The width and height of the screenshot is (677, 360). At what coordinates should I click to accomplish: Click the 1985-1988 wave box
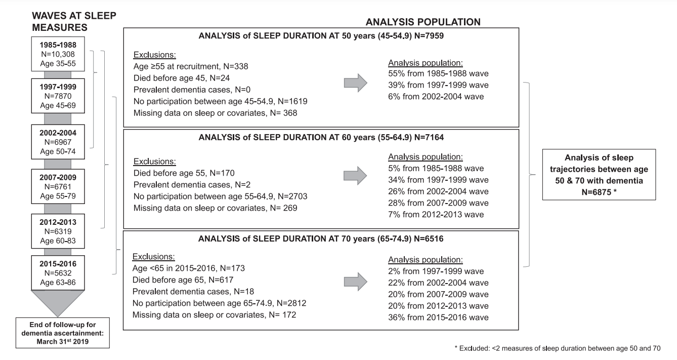tap(58, 54)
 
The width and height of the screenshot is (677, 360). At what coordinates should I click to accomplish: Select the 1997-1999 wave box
tap(58, 96)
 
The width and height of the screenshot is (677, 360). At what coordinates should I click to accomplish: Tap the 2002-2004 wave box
tap(58, 142)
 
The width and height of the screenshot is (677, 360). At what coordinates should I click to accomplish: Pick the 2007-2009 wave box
tap(58, 186)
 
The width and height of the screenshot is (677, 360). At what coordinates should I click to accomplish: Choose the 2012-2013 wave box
tap(58, 231)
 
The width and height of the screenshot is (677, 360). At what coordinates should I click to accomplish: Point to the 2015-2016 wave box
tap(58, 272)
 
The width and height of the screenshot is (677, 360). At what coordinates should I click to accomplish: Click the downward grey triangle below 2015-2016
tap(58, 301)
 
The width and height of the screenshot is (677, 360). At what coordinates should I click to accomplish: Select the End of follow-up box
tap(63, 333)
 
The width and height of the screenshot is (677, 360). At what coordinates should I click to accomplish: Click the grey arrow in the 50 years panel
tap(356, 83)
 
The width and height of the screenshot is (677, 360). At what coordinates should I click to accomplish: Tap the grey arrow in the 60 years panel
tap(355, 176)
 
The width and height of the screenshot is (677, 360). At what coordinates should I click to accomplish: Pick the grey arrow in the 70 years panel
tap(356, 282)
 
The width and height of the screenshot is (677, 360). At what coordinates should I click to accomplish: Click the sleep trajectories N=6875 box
tap(599, 175)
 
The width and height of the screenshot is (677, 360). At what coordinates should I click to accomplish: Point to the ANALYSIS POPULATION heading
tap(423, 22)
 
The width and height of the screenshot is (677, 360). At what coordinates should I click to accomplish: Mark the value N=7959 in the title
tap(429, 36)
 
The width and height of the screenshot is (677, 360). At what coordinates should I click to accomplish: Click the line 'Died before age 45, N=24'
tap(182, 78)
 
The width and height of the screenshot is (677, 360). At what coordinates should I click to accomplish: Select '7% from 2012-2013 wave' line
tap(436, 215)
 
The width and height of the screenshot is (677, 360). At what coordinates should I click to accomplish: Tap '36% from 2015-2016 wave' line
tap(438, 317)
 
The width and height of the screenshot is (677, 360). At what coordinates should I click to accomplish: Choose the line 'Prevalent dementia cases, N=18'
tap(193, 291)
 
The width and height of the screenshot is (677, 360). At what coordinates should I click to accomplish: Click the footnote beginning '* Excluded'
tap(558, 348)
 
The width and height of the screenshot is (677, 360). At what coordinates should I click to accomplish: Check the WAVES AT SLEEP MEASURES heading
tap(74, 21)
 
